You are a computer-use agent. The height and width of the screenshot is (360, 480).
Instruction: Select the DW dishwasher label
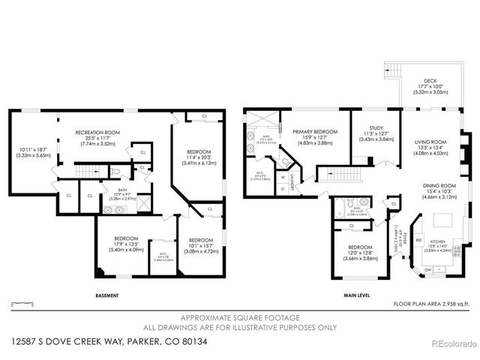(x=427, y=269)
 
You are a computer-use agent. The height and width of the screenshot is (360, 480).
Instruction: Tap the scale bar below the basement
(x=22, y=304)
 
